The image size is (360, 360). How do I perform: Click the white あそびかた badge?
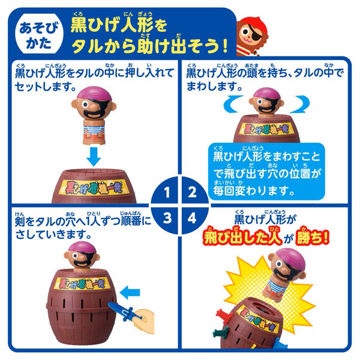tap(38, 34)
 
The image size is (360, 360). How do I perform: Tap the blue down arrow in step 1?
tap(94, 157)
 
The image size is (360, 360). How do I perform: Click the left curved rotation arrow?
tap(232, 104)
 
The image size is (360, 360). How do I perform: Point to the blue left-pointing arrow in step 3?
tap(130, 292)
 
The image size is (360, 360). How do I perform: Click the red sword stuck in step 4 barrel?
tap(223, 314)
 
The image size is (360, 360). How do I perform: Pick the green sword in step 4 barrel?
tap(221, 332)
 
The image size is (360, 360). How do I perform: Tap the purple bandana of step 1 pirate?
tap(94, 93)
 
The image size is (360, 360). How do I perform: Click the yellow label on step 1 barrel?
tap(94, 187)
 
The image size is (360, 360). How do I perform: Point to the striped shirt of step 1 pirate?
tap(94, 129)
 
